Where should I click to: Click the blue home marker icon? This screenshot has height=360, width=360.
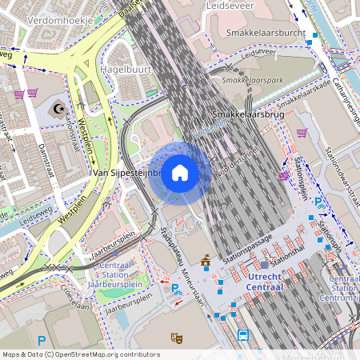point(180,173)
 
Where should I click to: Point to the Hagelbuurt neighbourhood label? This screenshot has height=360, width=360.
point(127,70)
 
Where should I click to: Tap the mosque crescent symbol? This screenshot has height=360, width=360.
point(57,106)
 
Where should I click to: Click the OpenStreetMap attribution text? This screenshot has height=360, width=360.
point(80,354)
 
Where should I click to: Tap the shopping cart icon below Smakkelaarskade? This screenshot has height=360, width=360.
point(302,133)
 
